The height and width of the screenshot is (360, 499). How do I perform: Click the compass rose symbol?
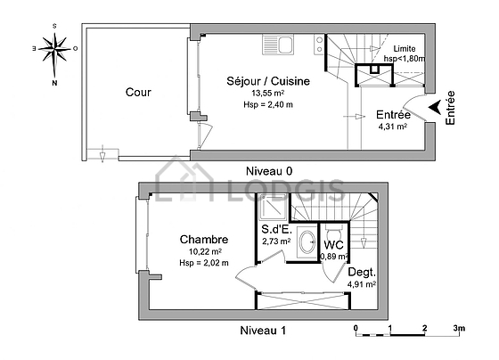[54, 50]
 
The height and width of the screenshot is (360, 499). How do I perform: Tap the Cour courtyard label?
[138, 92]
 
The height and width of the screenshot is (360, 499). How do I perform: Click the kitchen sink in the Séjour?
[278, 45]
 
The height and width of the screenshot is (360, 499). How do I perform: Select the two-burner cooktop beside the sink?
[319, 45]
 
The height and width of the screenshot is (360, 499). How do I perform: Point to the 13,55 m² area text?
[268, 94]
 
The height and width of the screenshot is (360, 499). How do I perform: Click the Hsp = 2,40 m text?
[268, 104]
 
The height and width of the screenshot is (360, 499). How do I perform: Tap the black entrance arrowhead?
[435, 107]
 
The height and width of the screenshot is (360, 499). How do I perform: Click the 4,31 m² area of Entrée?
[393, 127]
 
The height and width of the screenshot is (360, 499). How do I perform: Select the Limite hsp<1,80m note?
[405, 53]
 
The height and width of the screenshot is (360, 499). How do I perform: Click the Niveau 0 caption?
[269, 171]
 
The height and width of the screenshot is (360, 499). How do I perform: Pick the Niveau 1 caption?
[263, 331]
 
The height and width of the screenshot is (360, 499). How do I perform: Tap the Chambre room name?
[204, 240]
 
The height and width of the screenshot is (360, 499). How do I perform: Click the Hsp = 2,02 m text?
[204, 263]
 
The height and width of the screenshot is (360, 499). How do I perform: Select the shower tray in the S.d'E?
[273, 207]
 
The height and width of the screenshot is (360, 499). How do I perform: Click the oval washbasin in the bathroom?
[307, 241]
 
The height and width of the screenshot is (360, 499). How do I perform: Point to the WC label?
[333, 245]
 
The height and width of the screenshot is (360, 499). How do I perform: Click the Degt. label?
[362, 272]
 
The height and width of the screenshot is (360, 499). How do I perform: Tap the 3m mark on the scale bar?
[459, 328]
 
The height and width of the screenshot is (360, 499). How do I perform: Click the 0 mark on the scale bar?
[356, 328]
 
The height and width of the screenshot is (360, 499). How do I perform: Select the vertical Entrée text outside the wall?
[450, 108]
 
